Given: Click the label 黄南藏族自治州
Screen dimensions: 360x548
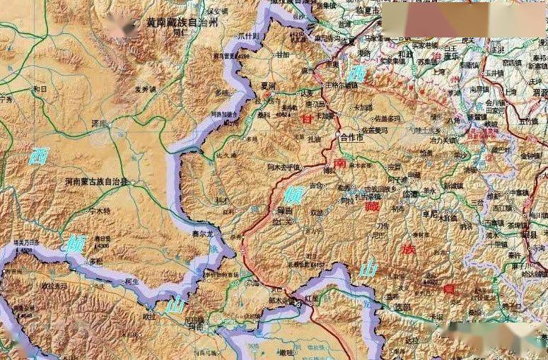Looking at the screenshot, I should click(x=182, y=23).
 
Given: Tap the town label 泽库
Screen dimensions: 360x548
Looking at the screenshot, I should click(x=99, y=123).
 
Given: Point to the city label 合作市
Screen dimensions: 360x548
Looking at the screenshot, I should click(x=351, y=137).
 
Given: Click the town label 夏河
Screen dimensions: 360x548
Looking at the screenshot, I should click(x=268, y=86).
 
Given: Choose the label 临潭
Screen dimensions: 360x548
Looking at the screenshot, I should click(x=411, y=193).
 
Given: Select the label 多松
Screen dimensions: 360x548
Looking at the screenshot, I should click(x=96, y=262).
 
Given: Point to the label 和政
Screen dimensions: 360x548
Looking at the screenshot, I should click(x=404, y=54).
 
